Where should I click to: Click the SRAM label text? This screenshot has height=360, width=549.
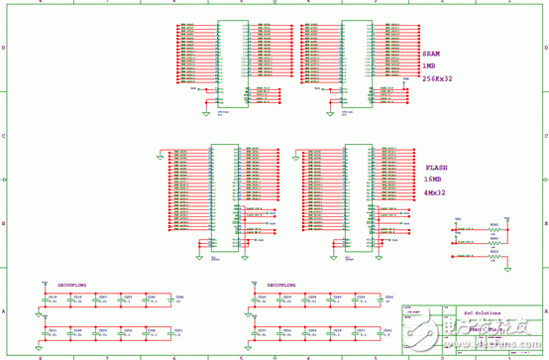[x=431, y=55]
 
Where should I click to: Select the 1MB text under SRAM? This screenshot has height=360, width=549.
[x=429, y=66]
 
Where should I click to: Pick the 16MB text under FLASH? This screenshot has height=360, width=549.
[x=433, y=180]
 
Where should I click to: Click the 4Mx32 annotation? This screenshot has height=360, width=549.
[x=435, y=192]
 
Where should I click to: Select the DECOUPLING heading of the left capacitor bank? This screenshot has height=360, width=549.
[x=71, y=284]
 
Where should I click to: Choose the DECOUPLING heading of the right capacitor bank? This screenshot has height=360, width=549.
[x=281, y=284]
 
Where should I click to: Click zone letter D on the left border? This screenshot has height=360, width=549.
[x=4, y=48]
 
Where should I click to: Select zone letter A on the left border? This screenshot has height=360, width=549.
[x=4, y=312]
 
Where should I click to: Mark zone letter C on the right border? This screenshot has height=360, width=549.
[x=545, y=136]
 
